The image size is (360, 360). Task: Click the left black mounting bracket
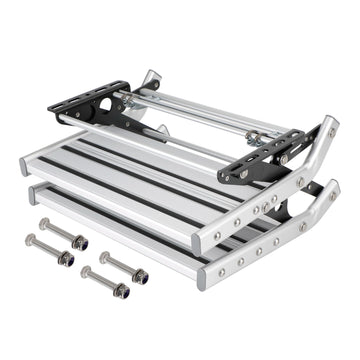click(90, 103)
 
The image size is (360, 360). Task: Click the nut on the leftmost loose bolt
click(67, 258)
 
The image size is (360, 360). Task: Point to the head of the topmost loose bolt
click(45, 224)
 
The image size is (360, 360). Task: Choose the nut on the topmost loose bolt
click(80, 242)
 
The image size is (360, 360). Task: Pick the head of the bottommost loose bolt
click(87, 272)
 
